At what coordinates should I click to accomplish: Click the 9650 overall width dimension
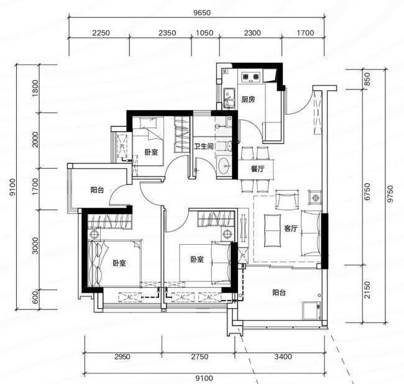click(202, 12)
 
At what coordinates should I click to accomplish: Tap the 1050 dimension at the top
click(204, 33)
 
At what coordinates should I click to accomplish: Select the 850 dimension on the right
click(367, 79)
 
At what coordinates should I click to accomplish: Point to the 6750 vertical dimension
click(367, 191)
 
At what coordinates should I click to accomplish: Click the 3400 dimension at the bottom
click(283, 357)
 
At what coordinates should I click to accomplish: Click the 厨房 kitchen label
click(248, 99)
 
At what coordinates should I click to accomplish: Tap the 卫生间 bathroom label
click(204, 146)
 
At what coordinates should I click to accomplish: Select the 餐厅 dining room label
click(257, 169)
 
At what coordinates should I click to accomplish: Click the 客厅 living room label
click(291, 228)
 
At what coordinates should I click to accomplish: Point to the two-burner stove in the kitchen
click(250, 76)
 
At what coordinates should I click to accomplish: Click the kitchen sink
click(229, 98)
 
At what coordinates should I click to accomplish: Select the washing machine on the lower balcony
click(312, 311)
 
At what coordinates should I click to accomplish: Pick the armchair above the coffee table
click(287, 199)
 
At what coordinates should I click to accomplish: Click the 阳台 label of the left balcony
click(97, 190)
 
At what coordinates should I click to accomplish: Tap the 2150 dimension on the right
click(367, 290)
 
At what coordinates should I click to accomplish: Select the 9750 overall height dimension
click(390, 194)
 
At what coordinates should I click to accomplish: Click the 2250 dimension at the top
click(101, 33)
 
